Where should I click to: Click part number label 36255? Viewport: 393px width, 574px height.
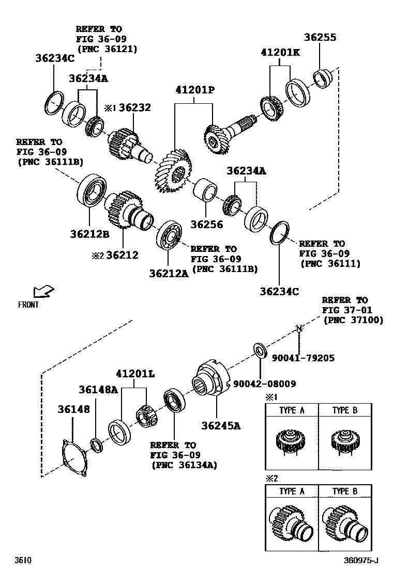[320, 37]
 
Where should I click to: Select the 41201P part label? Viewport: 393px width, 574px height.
[194, 90]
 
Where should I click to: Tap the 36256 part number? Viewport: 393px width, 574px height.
[206, 224]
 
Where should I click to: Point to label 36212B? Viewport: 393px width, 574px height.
[89, 234]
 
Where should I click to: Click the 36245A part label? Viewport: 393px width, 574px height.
[221, 425]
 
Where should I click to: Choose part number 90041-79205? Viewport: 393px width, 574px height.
[306, 357]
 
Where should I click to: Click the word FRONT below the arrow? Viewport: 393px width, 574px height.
[28, 305]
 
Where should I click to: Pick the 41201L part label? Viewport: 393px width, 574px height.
[135, 373]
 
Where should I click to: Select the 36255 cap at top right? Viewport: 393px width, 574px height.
[323, 78]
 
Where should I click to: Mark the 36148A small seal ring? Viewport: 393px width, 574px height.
[96, 443]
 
